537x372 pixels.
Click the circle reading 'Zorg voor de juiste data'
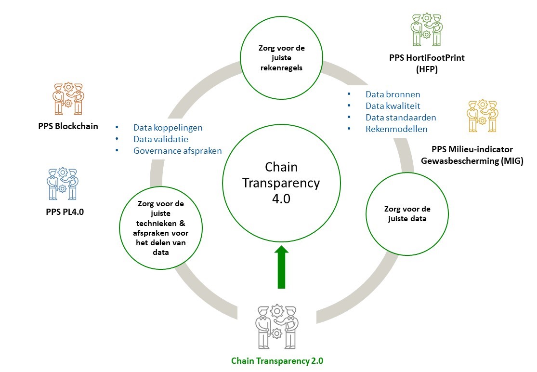407,213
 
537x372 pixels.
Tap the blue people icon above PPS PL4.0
63,184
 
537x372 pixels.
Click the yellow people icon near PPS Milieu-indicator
482,116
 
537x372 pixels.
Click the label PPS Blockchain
68,127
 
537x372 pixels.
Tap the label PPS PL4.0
63,211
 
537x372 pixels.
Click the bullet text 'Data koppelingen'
168,128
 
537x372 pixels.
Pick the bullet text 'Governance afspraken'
177,151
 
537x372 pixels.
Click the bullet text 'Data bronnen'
393,94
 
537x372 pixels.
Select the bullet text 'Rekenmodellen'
396,129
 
